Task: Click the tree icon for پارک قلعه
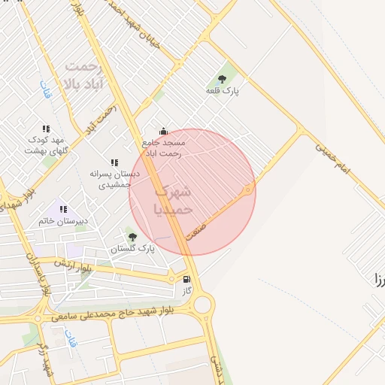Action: tap(222, 78)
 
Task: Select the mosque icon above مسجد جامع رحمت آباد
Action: tap(163, 131)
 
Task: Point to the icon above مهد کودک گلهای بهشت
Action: tap(46, 129)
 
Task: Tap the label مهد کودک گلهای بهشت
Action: tap(47, 145)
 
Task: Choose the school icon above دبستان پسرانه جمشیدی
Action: tap(114, 162)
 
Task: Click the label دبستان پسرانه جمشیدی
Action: tap(111, 178)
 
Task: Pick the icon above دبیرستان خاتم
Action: tap(63, 209)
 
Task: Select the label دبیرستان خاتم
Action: tap(63, 221)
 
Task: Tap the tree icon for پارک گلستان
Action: tap(133, 236)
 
